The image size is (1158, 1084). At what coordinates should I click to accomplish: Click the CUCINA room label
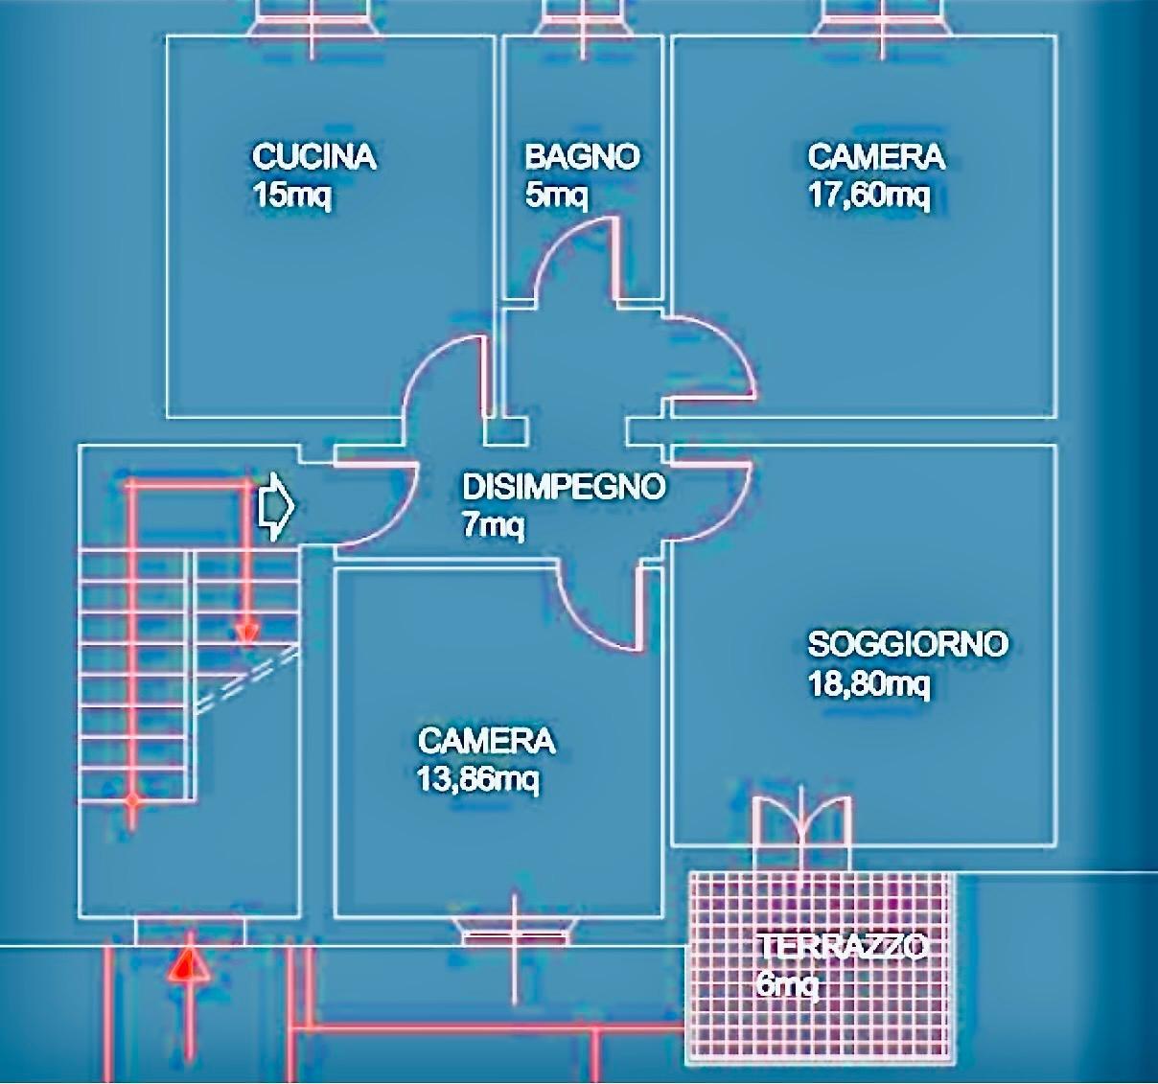tap(313, 156)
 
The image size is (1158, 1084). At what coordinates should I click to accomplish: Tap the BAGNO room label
tap(582, 156)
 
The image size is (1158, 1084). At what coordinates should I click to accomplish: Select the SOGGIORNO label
tap(907, 643)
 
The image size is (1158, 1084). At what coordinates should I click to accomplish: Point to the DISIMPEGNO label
tap(563, 487)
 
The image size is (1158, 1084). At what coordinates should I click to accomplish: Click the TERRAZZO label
tap(842, 947)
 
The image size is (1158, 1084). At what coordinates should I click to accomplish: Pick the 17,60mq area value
tap(868, 196)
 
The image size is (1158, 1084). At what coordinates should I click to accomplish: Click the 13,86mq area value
tap(477, 780)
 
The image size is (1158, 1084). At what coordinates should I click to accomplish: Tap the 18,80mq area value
tap(868, 684)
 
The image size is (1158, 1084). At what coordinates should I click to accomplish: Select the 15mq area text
tap(291, 196)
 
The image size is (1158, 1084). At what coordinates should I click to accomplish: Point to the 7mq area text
tap(493, 526)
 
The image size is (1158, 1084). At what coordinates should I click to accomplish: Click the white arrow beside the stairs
tap(276, 506)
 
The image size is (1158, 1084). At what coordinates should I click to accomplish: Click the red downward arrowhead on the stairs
tap(247, 633)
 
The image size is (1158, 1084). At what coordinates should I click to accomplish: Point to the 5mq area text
tap(556, 196)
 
